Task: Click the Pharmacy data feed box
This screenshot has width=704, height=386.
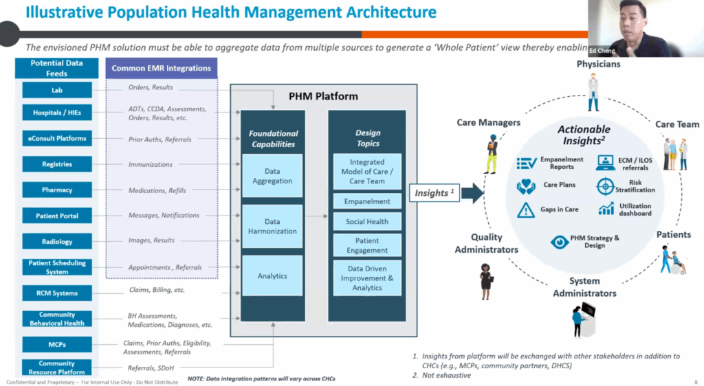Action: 57,190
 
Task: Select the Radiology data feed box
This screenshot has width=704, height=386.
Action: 57,241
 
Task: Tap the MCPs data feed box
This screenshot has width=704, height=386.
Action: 57,343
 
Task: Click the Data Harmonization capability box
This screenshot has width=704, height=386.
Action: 272,227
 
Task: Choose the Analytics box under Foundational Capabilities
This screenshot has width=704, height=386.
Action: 272,276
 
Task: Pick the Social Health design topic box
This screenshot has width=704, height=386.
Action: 367,222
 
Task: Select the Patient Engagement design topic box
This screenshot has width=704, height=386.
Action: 367,245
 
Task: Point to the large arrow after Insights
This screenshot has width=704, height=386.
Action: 472,194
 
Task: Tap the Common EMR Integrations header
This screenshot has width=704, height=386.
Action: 162,68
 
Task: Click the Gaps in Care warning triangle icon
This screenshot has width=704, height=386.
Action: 526,209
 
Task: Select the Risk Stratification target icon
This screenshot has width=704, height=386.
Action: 605,186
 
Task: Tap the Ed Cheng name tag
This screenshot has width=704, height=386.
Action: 603,50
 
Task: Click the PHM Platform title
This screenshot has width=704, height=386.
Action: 323,96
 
